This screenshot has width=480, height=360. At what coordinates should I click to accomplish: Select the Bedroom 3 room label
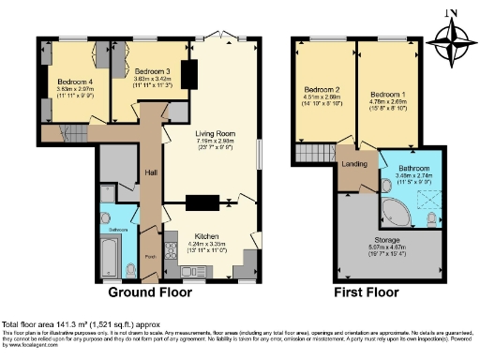pos(151,71)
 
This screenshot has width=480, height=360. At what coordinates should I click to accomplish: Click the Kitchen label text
pos(206,236)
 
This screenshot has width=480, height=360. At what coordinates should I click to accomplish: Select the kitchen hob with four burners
pos(172,248)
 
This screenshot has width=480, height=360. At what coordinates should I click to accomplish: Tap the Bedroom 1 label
pos(385,96)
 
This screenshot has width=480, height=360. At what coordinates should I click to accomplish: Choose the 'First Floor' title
pos(367,292)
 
